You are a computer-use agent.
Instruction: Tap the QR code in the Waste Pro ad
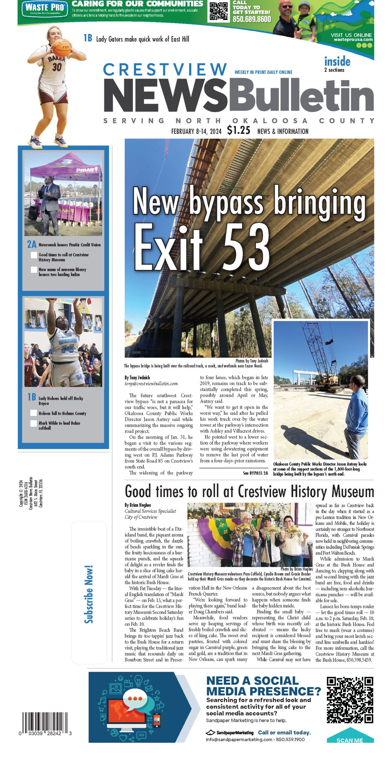(x=218, y=11)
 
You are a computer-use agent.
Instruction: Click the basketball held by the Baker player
(x=63, y=47)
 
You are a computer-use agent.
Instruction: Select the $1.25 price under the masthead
(x=238, y=130)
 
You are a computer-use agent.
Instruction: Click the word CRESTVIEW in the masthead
(x=165, y=70)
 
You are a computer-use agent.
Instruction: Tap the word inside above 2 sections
(x=337, y=62)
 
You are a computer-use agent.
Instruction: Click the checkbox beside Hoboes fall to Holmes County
(x=34, y=413)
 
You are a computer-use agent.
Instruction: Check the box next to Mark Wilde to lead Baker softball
(x=34, y=423)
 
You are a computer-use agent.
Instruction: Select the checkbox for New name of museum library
(x=34, y=270)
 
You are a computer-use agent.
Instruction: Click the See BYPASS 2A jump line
(x=255, y=473)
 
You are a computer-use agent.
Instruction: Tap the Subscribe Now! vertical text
(x=89, y=594)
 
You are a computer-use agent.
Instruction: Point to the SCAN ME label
(x=350, y=740)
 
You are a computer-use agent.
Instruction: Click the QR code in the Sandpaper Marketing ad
(x=350, y=699)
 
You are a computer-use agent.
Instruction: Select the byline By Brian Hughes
(x=138, y=505)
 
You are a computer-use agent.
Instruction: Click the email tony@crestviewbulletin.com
(x=151, y=383)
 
